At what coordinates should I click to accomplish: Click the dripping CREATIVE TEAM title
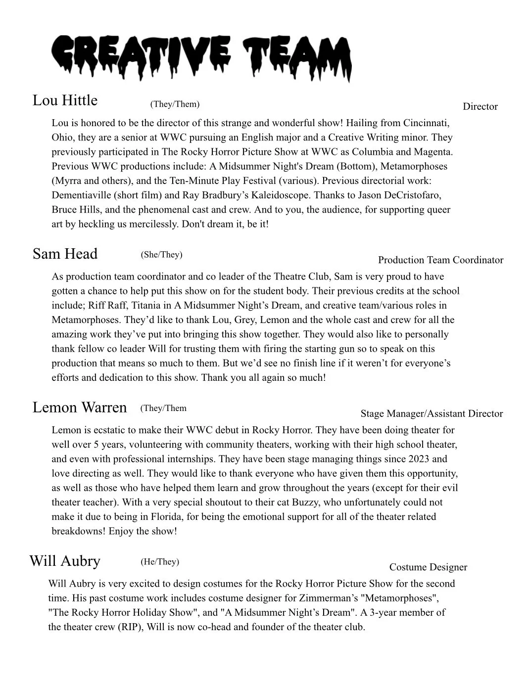(x=202, y=57)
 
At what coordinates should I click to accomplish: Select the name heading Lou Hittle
(x=65, y=100)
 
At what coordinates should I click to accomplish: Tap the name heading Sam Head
(x=65, y=254)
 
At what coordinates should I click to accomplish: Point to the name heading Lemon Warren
(x=80, y=408)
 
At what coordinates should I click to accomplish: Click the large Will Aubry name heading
(x=65, y=561)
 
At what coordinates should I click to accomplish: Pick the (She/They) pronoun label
(x=161, y=255)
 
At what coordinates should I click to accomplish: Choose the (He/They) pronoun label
(x=160, y=562)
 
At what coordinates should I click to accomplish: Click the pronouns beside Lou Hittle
(x=175, y=104)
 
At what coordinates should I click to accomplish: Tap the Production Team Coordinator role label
(x=440, y=260)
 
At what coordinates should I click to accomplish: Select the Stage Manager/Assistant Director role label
(x=432, y=414)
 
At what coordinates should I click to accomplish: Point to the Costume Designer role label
(x=428, y=567)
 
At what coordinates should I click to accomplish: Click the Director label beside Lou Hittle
(x=480, y=107)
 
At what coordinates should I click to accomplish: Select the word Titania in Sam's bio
(x=147, y=306)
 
